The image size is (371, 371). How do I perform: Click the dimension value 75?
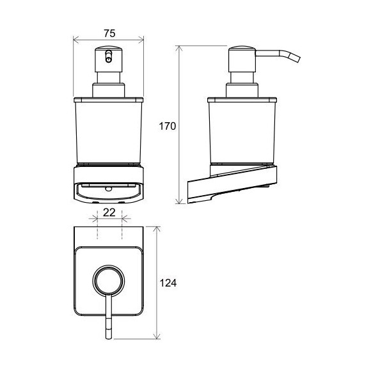click(x=109, y=33)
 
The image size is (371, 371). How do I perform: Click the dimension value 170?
click(x=168, y=127)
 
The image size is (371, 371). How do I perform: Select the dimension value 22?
click(x=109, y=212)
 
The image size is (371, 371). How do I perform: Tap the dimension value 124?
click(x=168, y=283)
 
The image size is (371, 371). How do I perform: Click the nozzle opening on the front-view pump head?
click(x=109, y=56)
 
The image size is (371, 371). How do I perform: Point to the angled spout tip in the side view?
click(x=296, y=58)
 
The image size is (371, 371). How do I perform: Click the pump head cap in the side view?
click(x=242, y=59)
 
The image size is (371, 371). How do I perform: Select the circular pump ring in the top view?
click(x=108, y=281)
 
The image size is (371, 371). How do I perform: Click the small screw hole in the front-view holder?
click(x=109, y=189)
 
